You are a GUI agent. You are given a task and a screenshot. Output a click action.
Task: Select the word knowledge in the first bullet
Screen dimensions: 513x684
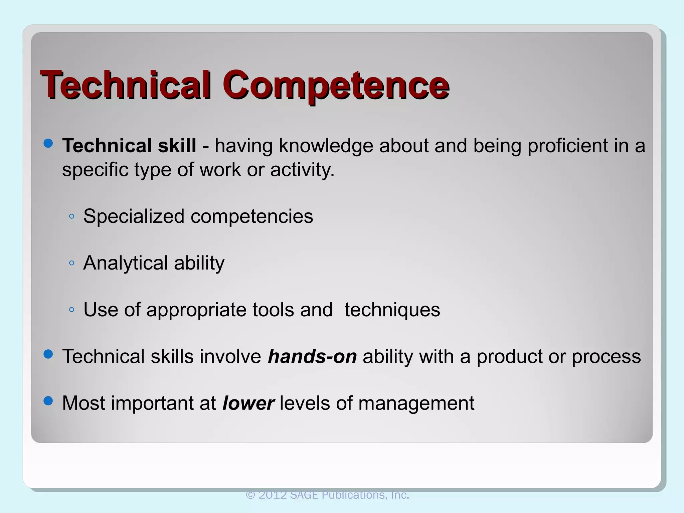(326, 146)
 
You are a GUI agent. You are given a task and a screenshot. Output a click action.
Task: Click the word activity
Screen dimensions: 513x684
(302, 170)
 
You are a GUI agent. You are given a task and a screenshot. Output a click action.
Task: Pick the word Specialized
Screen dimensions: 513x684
(134, 216)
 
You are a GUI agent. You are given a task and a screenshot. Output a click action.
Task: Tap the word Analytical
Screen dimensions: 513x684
(125, 263)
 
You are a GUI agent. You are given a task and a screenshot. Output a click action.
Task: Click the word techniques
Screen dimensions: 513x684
(392, 310)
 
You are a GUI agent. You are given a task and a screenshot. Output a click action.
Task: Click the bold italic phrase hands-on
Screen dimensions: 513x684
(312, 356)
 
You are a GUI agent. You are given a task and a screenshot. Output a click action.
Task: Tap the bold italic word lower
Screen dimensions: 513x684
(248, 403)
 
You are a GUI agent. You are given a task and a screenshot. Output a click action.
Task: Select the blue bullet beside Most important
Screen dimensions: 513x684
(48, 401)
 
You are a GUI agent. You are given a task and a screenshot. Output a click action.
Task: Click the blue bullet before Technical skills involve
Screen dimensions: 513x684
(48, 354)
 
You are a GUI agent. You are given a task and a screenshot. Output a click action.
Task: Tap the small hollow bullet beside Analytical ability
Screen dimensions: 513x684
(71, 263)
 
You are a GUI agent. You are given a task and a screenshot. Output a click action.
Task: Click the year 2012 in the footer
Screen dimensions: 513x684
(273, 495)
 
